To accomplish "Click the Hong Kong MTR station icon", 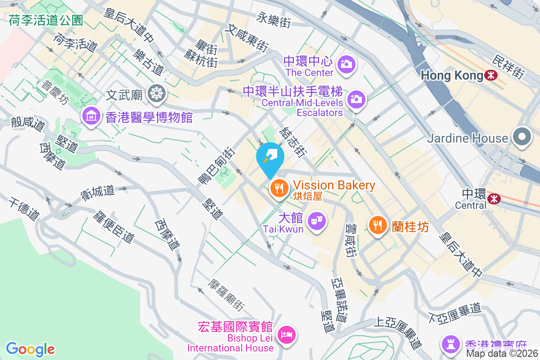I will [491, 75].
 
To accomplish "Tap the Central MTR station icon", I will [494, 198].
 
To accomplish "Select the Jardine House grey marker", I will [522, 137].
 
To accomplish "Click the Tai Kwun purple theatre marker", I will [317, 221].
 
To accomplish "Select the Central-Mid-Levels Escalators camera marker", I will [356, 99].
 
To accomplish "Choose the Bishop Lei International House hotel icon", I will [287, 334].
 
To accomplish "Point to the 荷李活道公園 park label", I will [46, 20].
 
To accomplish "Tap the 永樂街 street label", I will [274, 19].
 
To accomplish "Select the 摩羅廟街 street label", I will [226, 295].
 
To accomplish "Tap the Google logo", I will [30, 349].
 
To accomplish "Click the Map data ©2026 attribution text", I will [502, 354].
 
